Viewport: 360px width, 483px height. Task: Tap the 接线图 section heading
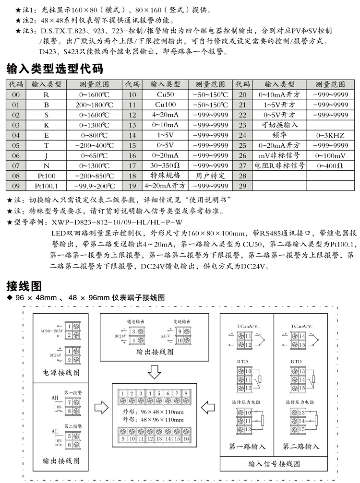click(24, 286)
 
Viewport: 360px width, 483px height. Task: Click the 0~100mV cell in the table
click(330, 155)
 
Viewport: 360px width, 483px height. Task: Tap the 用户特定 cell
click(210, 176)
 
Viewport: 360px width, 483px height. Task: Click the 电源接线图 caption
click(61, 372)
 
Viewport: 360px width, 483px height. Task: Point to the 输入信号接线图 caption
click(274, 464)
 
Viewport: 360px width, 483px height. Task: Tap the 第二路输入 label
click(300, 447)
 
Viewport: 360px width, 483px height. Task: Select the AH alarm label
click(54, 398)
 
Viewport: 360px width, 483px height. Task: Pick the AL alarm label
click(54, 432)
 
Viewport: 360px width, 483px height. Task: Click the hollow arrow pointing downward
click(154, 371)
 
